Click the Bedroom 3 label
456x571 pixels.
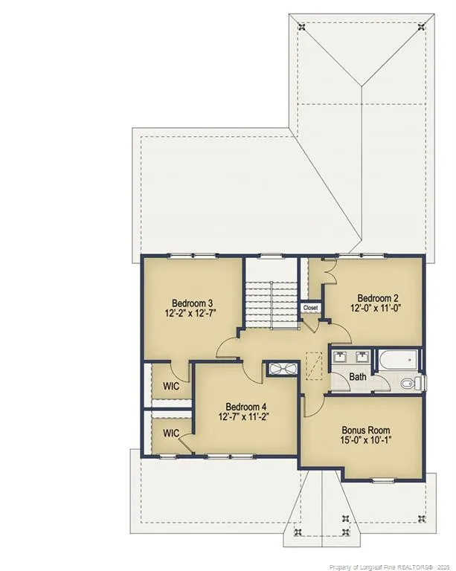tap(193, 303)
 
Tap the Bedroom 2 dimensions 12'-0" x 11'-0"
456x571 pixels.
tap(376, 308)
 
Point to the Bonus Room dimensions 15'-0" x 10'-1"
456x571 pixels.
tap(366, 440)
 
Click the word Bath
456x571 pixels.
tap(358, 376)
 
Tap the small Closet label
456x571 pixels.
tap(310, 308)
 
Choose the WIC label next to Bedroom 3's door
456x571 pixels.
tap(171, 386)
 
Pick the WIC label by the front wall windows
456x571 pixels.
tap(171, 433)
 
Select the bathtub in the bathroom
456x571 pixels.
tap(399, 361)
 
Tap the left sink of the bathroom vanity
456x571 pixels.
tap(341, 357)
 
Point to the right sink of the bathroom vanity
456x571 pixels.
tap(362, 357)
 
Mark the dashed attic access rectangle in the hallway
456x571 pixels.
tap(314, 366)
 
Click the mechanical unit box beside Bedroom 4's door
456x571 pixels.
tap(283, 369)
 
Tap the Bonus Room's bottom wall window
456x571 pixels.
tap(382, 480)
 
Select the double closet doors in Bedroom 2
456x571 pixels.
tap(330, 271)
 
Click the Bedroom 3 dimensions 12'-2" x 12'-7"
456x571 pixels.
tap(193, 313)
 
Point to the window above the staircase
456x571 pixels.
tap(271, 257)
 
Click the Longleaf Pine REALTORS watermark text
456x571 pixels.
tap(389, 567)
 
